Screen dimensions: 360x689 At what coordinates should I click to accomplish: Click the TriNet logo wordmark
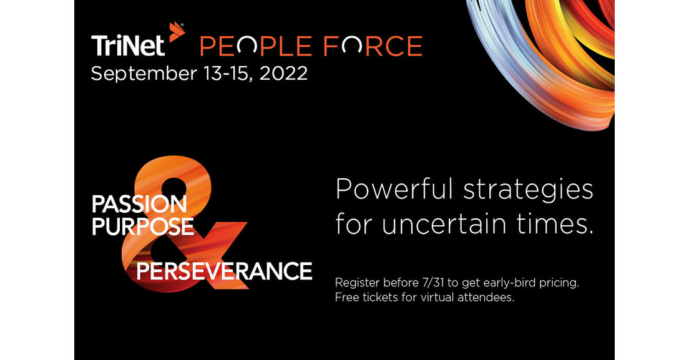(x=128, y=46)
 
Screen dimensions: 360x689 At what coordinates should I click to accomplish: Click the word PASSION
(x=139, y=205)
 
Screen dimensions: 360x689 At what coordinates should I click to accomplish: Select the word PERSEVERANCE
(x=224, y=271)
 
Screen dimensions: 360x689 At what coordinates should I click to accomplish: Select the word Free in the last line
(x=346, y=298)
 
